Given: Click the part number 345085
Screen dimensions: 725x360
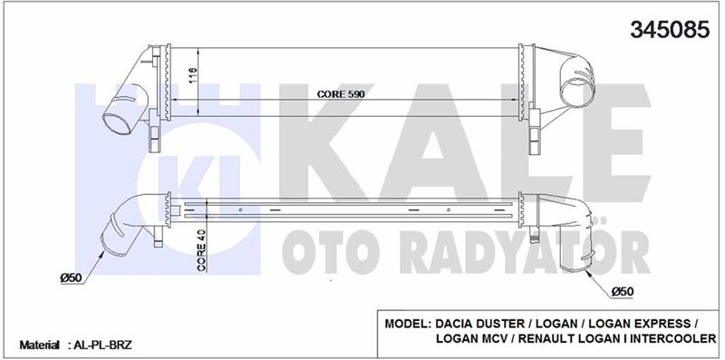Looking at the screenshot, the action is point(670,30).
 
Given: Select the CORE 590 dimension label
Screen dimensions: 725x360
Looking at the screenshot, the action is point(342,94).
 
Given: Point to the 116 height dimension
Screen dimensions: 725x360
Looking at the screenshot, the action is point(193,75).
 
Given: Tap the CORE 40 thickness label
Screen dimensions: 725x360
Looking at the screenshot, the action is point(201,253).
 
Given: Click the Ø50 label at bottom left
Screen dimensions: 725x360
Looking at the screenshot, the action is point(72,277).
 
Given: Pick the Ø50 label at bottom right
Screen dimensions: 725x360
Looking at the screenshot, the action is point(622,292).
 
